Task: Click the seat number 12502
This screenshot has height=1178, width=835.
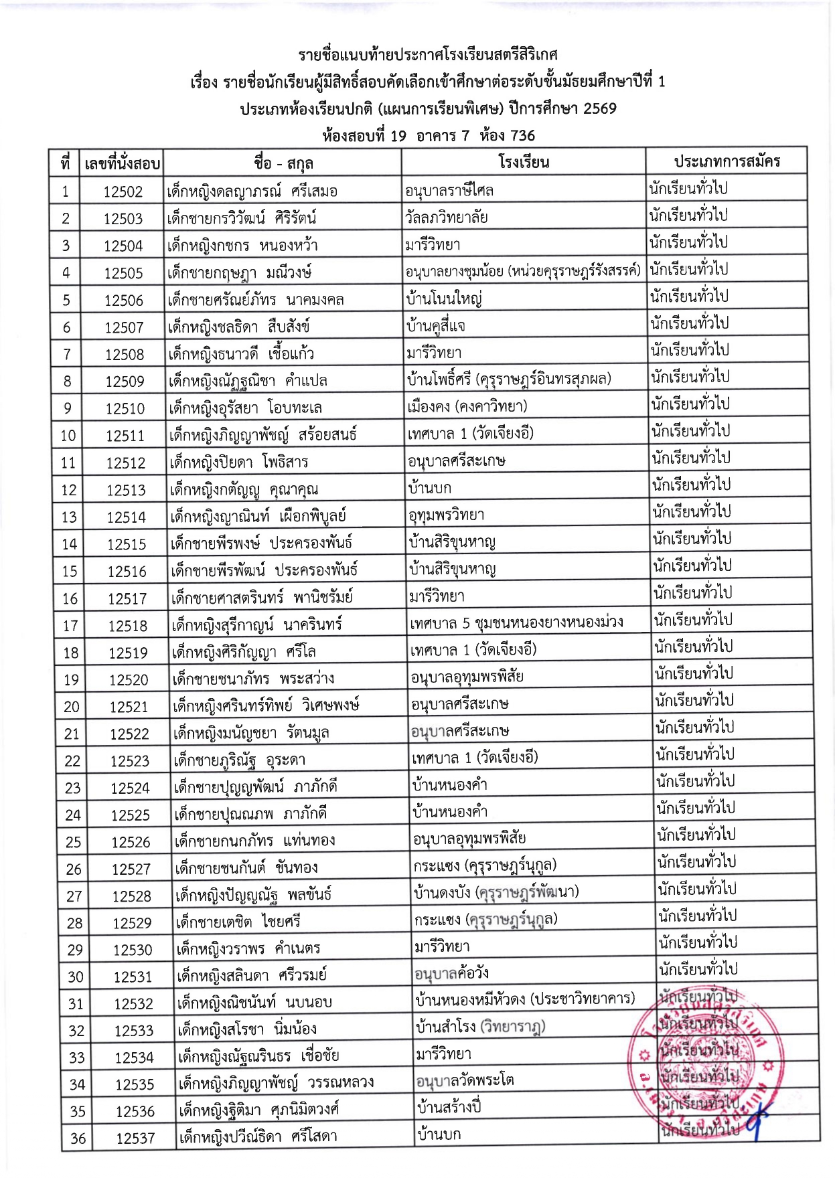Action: point(123,192)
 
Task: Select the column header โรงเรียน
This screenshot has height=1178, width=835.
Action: point(524,162)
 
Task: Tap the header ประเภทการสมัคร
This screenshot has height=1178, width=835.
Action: point(727,161)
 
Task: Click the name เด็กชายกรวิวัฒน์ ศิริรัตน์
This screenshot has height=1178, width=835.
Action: point(242,218)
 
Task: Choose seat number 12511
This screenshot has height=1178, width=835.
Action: point(125,436)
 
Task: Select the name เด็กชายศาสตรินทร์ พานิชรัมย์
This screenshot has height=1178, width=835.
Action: point(262,597)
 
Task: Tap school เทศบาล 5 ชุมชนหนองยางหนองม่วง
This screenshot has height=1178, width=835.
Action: point(516,622)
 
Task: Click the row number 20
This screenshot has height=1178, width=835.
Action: point(71,707)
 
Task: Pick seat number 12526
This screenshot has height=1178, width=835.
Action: point(131,842)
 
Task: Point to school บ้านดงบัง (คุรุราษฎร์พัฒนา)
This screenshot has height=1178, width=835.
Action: point(496,892)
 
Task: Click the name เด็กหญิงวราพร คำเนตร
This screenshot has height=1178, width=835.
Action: point(248,948)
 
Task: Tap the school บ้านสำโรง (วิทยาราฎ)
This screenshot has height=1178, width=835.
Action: point(480,1027)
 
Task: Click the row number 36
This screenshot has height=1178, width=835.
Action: point(78,1139)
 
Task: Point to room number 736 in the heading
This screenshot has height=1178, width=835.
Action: point(522,136)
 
